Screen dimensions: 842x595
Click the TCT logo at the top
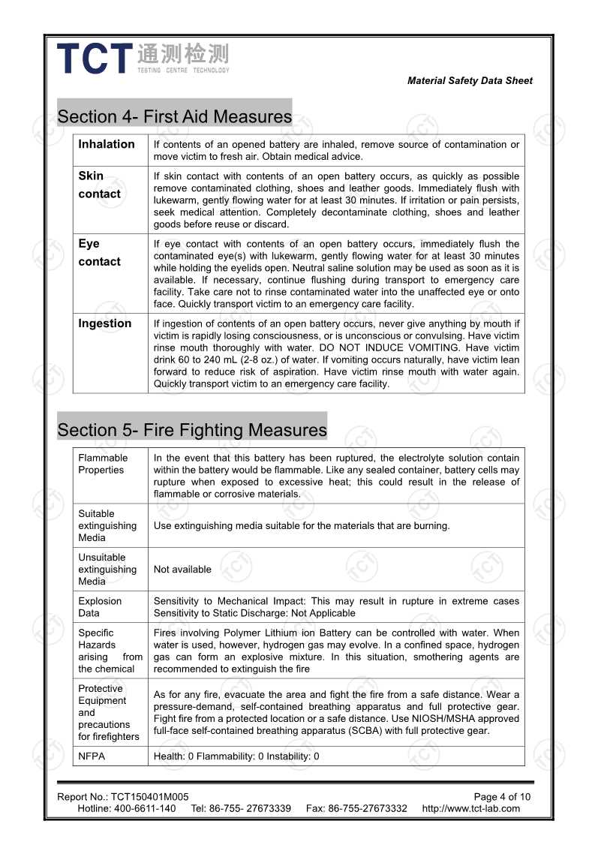click(143, 59)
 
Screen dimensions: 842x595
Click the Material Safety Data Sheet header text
click(470, 81)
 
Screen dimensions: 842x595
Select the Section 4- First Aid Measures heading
click(174, 116)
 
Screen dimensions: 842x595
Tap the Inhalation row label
click(107, 144)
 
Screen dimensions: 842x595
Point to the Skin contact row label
click(99, 185)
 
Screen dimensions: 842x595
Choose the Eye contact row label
click(99, 253)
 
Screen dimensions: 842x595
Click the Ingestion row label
click(104, 323)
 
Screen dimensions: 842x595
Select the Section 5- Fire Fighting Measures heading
click(192, 430)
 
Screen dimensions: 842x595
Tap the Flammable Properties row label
click(103, 464)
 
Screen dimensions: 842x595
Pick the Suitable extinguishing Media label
click(107, 525)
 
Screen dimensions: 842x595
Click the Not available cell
click(182, 570)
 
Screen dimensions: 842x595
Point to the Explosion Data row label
click(100, 607)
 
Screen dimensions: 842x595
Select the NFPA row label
click(92, 756)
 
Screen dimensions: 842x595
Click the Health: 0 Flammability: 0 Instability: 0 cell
click(236, 756)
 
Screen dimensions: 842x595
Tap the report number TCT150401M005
click(149, 797)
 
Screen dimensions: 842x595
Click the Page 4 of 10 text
click(502, 797)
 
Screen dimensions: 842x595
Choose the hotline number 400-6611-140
click(146, 809)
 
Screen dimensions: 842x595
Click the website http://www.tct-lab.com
click(470, 809)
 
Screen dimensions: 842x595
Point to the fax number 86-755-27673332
click(368, 809)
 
